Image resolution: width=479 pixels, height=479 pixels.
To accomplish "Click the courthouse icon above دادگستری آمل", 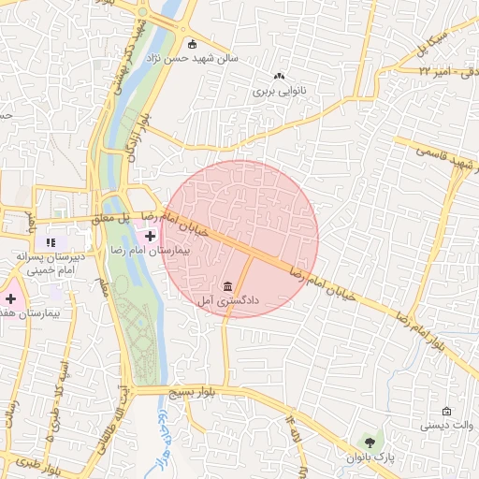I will click(229, 285).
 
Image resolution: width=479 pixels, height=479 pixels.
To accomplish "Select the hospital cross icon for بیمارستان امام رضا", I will click(151, 236).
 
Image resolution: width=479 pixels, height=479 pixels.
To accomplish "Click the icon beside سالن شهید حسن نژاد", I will click(193, 43).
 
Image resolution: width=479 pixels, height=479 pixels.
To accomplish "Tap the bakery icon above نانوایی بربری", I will click(278, 78).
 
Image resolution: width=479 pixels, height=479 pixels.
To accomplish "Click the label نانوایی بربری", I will click(278, 93).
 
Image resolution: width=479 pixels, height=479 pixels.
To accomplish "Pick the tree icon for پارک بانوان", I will click(371, 442).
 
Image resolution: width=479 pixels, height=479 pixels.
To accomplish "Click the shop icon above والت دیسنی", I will click(446, 411).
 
